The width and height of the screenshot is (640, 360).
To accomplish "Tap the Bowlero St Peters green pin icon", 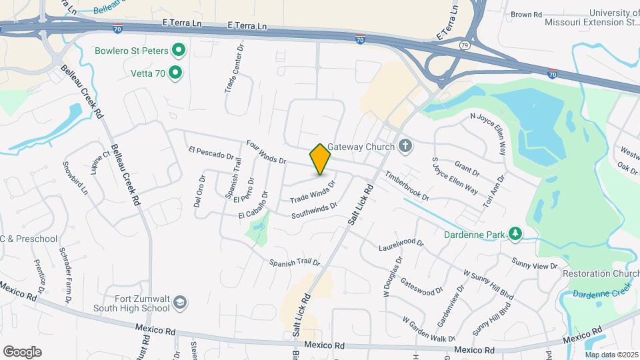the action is tap(179, 50).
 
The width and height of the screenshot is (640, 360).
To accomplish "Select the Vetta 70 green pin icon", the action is tap(175, 72).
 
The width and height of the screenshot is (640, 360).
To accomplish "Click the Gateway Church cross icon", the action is tap(405, 146).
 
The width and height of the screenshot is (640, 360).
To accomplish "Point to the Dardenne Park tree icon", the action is tap(514, 233).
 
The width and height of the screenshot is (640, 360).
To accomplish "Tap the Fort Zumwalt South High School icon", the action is tap(179, 303).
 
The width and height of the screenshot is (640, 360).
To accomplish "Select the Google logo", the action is tap(22, 351).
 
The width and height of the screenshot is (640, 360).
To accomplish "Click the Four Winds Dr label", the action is tap(265, 152).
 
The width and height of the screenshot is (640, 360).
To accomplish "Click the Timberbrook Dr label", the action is tap(406, 186).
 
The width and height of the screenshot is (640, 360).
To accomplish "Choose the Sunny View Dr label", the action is tap(534, 263).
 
